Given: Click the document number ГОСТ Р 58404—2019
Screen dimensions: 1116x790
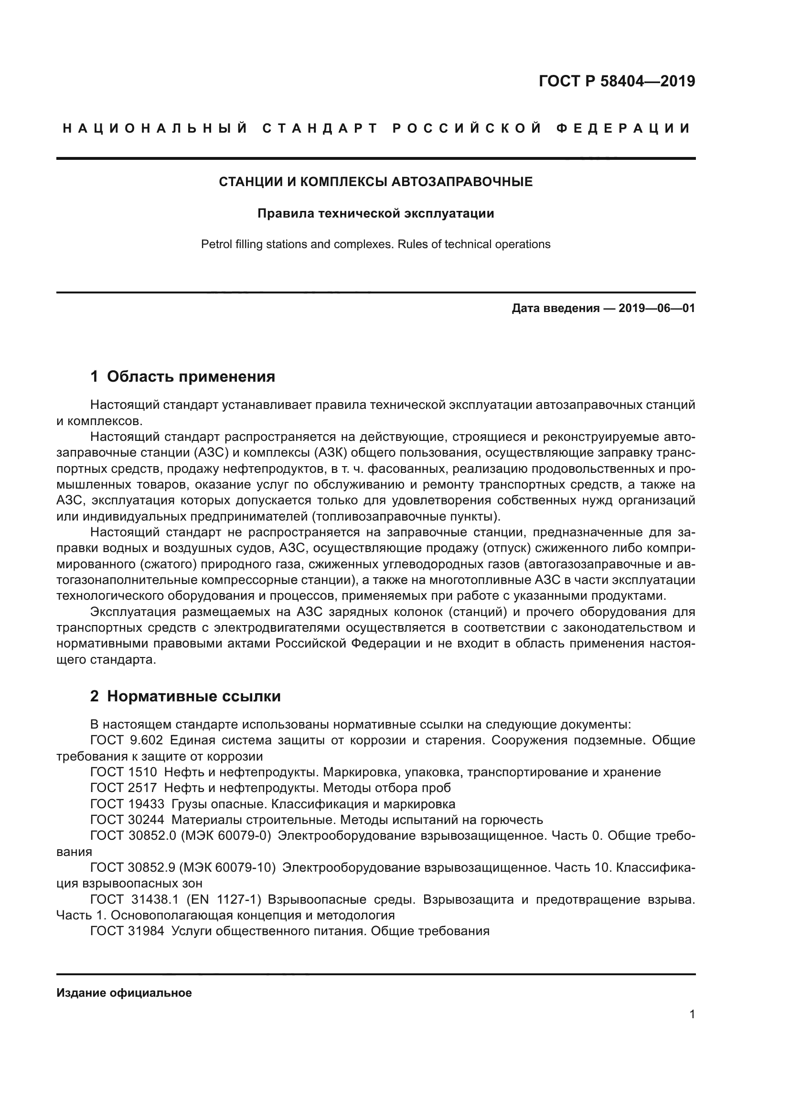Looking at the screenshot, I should coord(616,81).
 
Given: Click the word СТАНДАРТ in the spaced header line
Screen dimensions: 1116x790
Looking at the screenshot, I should coord(320,129).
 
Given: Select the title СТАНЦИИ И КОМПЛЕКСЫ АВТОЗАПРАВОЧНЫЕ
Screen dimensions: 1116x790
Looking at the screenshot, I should coord(375,182).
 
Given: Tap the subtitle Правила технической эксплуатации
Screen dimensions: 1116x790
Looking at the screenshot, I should coord(375,213).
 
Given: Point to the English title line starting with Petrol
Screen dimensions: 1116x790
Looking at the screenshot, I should coord(375,244).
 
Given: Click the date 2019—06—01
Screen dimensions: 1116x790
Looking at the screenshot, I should coord(656,308).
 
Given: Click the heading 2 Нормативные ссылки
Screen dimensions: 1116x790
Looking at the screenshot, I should coord(185,696).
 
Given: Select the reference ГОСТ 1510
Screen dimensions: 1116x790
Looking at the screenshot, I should coord(124,772).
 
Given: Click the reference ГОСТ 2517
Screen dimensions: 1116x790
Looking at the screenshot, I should coord(124,787).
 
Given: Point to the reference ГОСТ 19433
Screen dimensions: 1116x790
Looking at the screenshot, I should coord(127,803).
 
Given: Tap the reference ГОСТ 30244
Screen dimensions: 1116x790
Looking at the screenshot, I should coord(127,820).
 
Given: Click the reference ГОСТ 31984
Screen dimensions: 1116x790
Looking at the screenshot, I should coord(127,931).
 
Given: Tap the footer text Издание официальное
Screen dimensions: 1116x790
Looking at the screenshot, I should coord(124,992).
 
